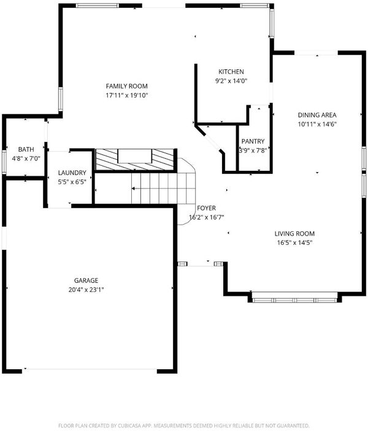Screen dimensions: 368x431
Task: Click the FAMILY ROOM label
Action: pos(127,86)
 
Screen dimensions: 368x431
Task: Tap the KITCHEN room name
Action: pos(231,72)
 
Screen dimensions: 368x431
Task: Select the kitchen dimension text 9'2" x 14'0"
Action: pos(231,81)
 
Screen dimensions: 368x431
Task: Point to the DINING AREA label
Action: pos(317,115)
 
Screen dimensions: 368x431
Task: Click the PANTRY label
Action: pos(253,141)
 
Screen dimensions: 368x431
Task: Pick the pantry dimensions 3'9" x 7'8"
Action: pos(253,151)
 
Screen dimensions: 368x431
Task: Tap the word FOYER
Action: pos(206,208)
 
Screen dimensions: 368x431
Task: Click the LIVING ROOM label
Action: pos(294,234)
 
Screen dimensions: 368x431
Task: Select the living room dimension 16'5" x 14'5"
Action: pos(294,242)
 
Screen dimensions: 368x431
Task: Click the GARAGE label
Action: pos(86,280)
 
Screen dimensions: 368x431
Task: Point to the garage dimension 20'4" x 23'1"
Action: pos(86,290)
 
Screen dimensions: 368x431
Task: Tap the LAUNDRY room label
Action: pos(72,173)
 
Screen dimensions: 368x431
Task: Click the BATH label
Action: pos(26,149)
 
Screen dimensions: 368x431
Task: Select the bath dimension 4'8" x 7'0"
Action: pos(26,159)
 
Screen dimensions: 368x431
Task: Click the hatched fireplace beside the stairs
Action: pos(135,160)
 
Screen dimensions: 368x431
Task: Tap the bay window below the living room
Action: pos(294,300)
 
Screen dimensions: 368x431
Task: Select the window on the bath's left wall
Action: pos(4,162)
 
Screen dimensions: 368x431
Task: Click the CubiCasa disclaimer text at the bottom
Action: pos(184,425)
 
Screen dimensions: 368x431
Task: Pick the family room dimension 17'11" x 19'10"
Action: pos(127,96)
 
